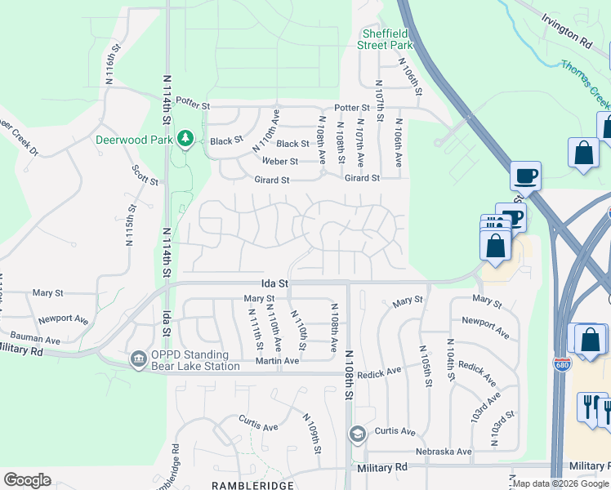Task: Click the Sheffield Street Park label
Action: [x=385, y=40]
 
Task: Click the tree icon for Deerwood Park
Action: [x=185, y=139]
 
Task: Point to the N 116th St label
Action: [x=113, y=76]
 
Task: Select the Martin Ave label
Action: [x=277, y=361]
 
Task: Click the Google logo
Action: [x=27, y=480]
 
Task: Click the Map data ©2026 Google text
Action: [x=560, y=484]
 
